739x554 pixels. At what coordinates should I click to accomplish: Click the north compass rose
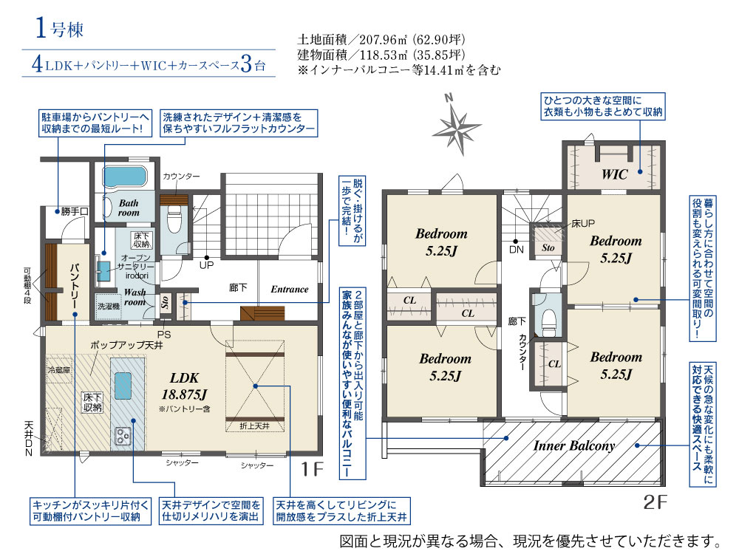pyautogui.click(x=455, y=126)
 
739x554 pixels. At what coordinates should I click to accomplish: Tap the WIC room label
pyautogui.click(x=615, y=175)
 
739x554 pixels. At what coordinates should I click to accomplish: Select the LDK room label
pyautogui.click(x=184, y=377)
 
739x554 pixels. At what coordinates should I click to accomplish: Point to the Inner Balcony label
pyautogui.click(x=574, y=445)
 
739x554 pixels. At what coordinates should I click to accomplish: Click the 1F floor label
pyautogui.click(x=312, y=469)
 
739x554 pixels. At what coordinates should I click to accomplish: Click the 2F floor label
pyautogui.click(x=655, y=502)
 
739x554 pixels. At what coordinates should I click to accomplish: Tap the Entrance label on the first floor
pyautogui.click(x=290, y=290)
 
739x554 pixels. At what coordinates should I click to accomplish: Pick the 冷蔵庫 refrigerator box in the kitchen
pyautogui.click(x=59, y=370)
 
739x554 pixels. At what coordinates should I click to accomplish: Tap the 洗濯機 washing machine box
pyautogui.click(x=108, y=307)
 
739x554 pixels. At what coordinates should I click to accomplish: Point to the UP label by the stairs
pyautogui.click(x=206, y=265)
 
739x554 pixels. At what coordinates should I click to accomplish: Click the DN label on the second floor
pyautogui.click(x=517, y=250)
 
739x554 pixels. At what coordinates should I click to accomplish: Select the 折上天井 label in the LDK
pyautogui.click(x=254, y=426)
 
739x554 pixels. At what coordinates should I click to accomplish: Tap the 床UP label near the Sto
pyautogui.click(x=583, y=223)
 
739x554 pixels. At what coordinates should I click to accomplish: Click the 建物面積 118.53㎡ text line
pyautogui.click(x=381, y=55)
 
